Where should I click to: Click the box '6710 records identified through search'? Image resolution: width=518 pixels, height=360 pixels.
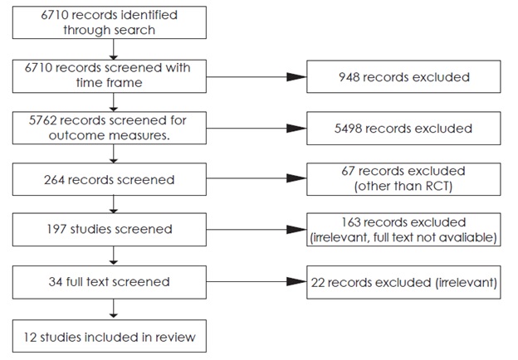(111, 23)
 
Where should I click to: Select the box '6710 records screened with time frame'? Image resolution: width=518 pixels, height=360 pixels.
(111, 75)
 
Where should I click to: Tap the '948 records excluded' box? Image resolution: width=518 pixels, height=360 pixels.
(403, 77)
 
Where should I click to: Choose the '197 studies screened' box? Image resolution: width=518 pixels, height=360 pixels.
(111, 229)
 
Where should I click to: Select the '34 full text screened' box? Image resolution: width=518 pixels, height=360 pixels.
(111, 281)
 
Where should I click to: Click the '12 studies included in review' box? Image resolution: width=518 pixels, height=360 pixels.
(111, 337)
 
